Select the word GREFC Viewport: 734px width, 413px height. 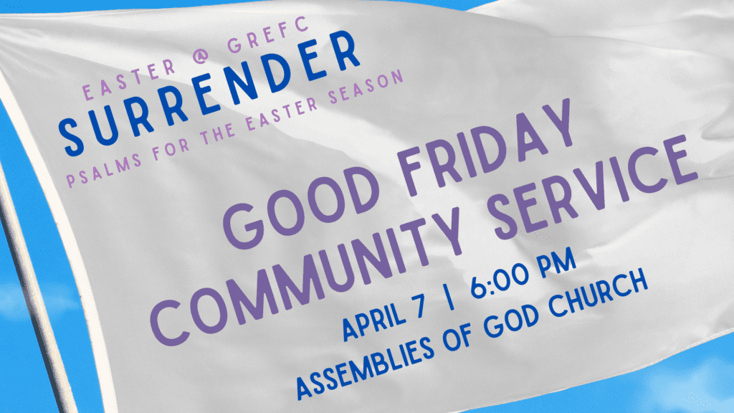pyautogui.click(x=268, y=34)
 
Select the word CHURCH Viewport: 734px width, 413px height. pyautogui.click(x=598, y=293)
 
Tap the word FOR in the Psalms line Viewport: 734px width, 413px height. pyautogui.click(x=171, y=149)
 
